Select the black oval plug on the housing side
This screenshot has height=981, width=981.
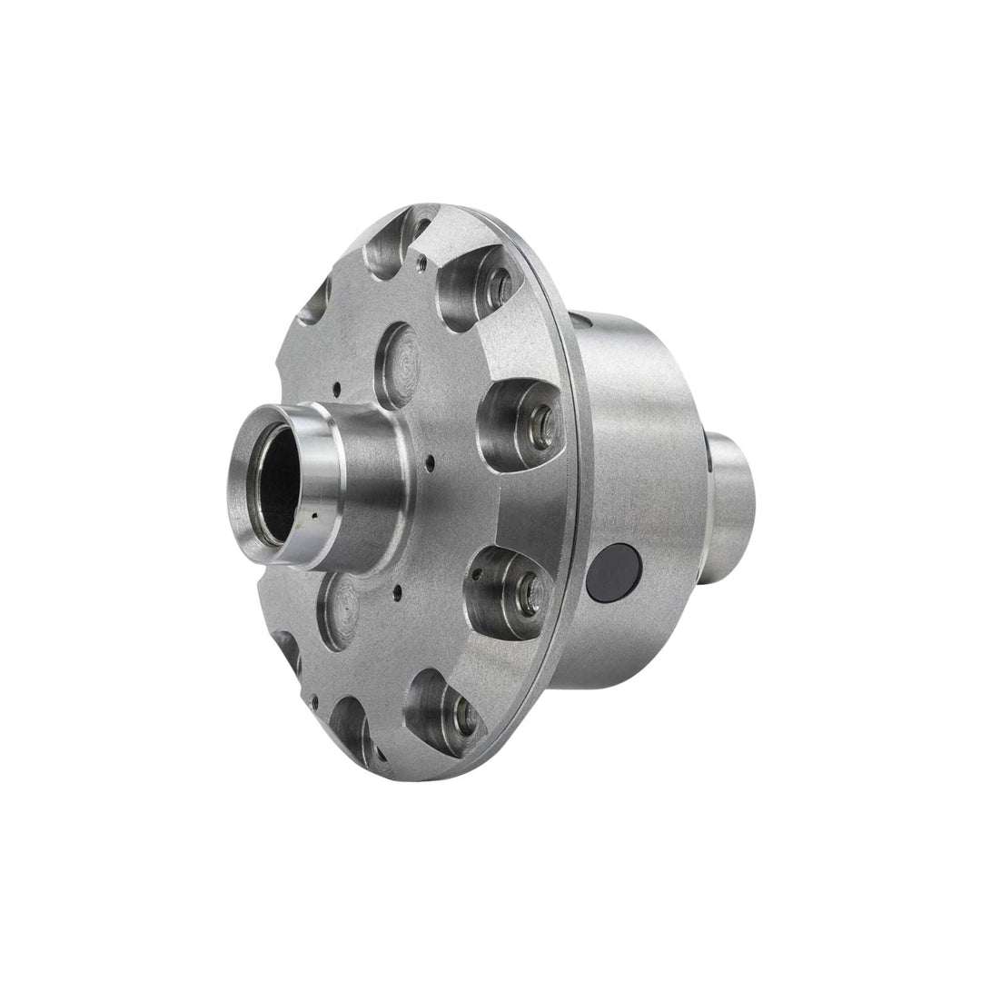(613, 573)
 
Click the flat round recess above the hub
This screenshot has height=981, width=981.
(397, 363)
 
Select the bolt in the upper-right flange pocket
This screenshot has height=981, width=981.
(495, 284)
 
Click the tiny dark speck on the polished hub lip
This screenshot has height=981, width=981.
(312, 516)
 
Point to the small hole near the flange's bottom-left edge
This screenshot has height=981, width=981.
(314, 700)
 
